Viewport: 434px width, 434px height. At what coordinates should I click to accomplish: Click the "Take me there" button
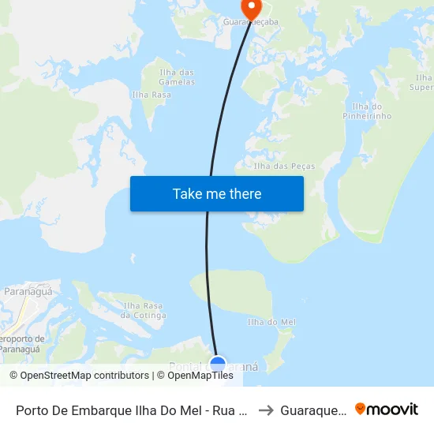pyautogui.click(x=217, y=194)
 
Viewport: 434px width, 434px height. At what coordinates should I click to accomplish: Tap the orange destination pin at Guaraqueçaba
pyautogui.click(x=252, y=9)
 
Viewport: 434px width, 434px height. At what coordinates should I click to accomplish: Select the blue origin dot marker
pyautogui.click(x=218, y=365)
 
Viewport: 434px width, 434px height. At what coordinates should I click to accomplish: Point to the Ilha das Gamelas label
pyautogui.click(x=177, y=77)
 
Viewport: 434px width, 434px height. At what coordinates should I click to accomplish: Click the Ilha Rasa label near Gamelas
pyautogui.click(x=152, y=95)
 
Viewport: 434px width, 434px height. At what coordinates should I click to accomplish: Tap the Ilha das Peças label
pyautogui.click(x=284, y=166)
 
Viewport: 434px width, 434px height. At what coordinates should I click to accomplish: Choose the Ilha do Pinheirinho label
pyautogui.click(x=372, y=111)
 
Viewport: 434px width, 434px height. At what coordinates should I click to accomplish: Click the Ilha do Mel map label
pyautogui.click(x=271, y=322)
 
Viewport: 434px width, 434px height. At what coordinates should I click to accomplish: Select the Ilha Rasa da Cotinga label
pyautogui.click(x=144, y=310)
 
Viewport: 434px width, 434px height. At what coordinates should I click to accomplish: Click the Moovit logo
pyautogui.click(x=386, y=409)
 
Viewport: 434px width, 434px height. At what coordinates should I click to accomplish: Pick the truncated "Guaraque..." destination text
pyautogui.click(x=313, y=410)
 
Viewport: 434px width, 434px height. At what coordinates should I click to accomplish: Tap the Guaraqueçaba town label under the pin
pyautogui.click(x=251, y=22)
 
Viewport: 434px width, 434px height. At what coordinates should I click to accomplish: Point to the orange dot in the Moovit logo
pyautogui.click(x=361, y=408)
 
